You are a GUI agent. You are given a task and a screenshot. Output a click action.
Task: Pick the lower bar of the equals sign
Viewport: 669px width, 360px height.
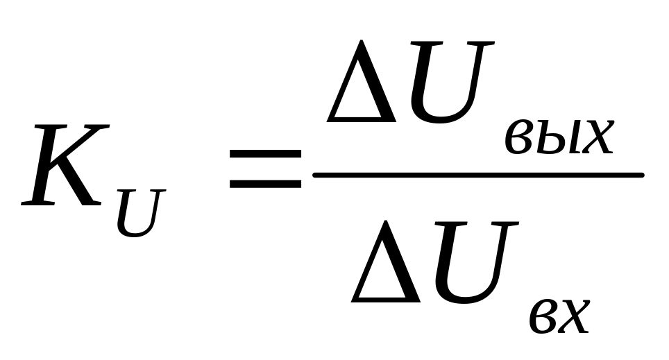265,184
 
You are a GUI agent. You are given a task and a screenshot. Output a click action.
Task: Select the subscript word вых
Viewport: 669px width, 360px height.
559,138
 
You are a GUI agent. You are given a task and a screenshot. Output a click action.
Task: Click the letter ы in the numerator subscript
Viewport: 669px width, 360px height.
558,139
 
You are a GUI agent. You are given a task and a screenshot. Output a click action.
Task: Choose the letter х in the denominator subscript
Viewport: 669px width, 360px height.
577,317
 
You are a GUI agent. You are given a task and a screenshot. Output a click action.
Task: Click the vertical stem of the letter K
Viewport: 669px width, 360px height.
46,166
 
